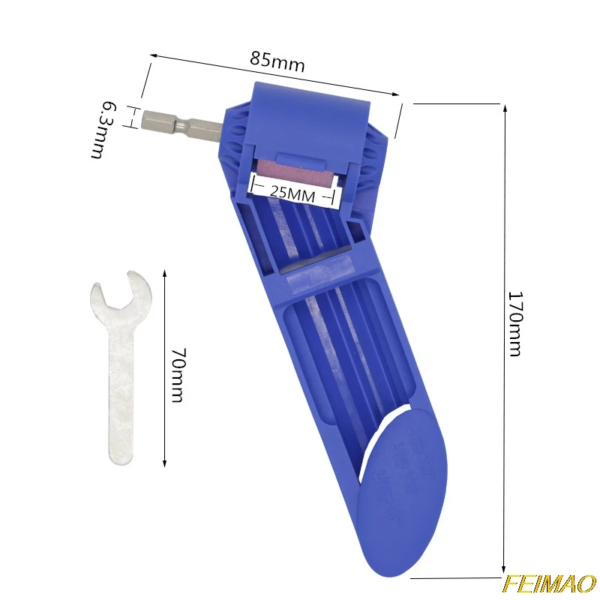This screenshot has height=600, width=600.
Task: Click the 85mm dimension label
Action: (278, 62)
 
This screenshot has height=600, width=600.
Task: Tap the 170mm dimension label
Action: (514, 323)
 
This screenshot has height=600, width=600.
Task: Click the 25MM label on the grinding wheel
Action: (292, 193)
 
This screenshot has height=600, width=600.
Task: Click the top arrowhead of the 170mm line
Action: (505, 107)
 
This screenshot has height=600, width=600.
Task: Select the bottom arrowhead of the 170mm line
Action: (505, 574)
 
